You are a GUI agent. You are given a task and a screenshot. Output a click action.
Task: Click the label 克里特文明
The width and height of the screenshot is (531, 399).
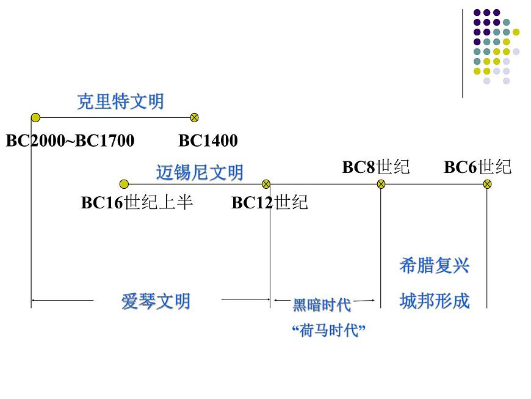point(120,101)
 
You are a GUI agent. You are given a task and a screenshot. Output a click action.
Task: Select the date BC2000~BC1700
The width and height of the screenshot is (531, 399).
point(70,141)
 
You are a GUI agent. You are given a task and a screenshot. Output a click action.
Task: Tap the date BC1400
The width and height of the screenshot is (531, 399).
point(208,141)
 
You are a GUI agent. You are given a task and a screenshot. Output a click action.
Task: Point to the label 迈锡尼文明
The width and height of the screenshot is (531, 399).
point(200,173)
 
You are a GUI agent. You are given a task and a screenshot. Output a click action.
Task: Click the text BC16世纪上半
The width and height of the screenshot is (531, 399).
point(137,203)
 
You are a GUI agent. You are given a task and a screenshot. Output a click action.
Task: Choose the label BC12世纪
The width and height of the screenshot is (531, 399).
point(270,203)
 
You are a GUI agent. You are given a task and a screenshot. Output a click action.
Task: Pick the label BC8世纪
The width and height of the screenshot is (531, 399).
point(375,167)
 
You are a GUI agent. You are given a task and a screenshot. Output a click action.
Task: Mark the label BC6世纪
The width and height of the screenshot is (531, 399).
point(477,167)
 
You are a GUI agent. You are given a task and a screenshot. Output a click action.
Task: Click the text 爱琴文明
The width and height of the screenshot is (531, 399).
point(156,301)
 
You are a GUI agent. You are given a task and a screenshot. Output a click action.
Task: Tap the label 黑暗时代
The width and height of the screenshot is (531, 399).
point(322,304)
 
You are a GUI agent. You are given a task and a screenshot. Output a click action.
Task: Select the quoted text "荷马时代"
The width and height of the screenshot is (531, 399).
point(328,331)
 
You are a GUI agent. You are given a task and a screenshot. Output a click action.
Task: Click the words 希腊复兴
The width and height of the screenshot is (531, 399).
point(434,266)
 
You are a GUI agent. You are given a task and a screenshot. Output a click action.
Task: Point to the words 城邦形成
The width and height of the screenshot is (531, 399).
point(434,301)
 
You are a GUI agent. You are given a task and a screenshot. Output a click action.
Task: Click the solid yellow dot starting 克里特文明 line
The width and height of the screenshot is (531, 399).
point(35,117)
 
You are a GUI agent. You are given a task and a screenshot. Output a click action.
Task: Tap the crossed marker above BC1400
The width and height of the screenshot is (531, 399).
point(195,117)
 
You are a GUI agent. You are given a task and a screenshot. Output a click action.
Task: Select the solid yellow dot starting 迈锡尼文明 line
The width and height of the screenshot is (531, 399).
point(124,184)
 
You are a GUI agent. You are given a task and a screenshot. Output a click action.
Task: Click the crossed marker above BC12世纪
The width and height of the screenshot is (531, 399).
point(265,184)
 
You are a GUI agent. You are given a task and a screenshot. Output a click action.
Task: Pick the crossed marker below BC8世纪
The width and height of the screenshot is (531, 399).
point(381,184)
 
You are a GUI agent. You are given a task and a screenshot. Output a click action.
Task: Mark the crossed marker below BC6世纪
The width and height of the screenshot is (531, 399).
point(486,184)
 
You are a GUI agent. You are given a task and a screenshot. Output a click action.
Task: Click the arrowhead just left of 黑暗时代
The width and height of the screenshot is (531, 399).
point(276,300)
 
